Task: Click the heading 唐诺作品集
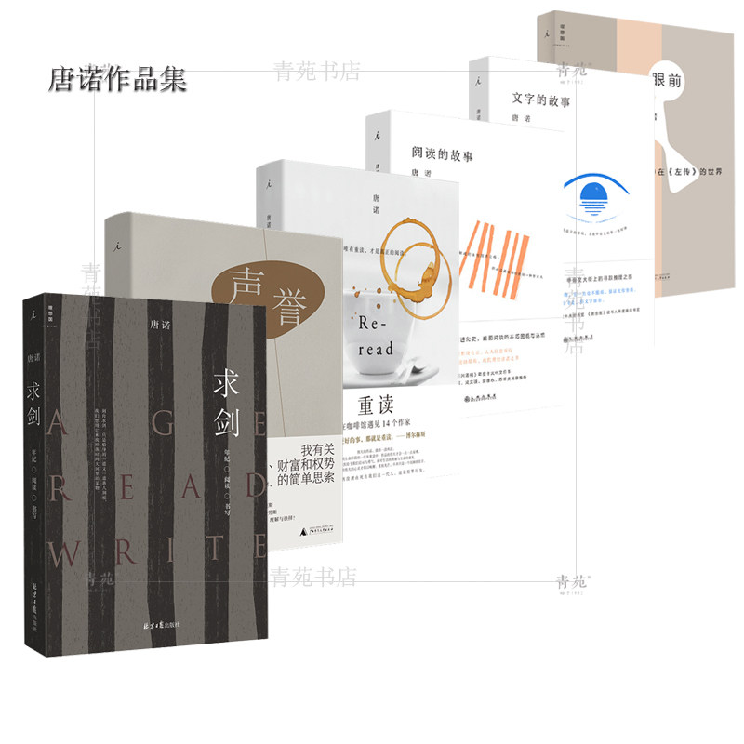pos(117,79)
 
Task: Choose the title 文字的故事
pos(539,98)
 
